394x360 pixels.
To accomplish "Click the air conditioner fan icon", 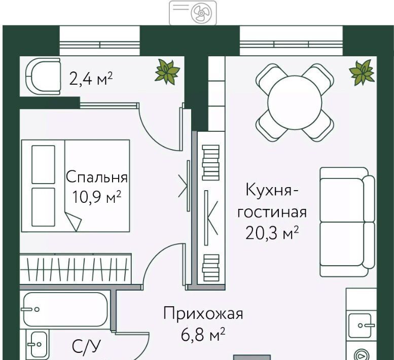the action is [x=201, y=13].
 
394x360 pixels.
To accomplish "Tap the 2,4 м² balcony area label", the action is [x=91, y=79].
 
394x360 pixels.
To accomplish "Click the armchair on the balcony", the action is [x=43, y=77].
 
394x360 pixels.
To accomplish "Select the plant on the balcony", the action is [x=167, y=71].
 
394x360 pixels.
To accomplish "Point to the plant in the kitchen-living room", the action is [x=362, y=73].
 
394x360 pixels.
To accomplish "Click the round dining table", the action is [x=295, y=102].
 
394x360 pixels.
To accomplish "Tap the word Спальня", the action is [x=97, y=177].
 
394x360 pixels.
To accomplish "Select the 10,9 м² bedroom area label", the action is [x=97, y=197].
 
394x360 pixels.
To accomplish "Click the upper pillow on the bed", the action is [x=43, y=164].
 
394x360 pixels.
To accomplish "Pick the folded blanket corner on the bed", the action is [x=74, y=221].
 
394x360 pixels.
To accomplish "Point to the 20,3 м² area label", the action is [x=272, y=233].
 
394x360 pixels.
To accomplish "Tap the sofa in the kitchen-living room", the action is [x=347, y=222].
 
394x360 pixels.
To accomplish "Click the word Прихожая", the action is [x=203, y=314].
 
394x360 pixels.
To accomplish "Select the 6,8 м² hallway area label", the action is [x=203, y=334].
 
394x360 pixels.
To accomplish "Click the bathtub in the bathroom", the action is [x=66, y=309].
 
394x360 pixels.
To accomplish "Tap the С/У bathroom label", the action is [x=86, y=347].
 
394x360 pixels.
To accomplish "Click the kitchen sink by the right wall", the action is [x=361, y=326].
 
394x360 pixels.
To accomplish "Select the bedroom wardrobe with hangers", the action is [x=76, y=269].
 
